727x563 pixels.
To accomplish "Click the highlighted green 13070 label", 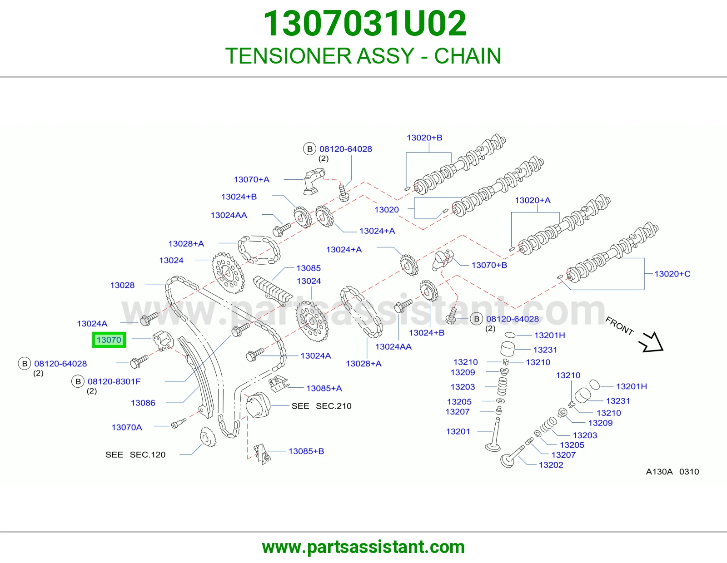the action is (109, 340).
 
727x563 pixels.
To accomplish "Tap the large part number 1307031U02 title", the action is (365, 23).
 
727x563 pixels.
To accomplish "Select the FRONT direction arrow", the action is (652, 342).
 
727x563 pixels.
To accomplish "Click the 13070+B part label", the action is (489, 265).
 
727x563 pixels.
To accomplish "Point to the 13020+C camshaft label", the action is (672, 274).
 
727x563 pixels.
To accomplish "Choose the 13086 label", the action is (143, 403).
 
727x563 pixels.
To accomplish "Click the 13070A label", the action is (127, 427).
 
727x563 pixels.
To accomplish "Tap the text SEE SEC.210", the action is (322, 406).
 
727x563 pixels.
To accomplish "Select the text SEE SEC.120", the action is (135, 454).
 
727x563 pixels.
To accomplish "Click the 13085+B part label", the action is (306, 451).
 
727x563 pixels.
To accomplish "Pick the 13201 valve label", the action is (458, 432).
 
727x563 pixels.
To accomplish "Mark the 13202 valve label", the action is (551, 465).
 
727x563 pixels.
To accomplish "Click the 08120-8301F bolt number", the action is (114, 381).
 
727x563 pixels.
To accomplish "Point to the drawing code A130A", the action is (659, 472).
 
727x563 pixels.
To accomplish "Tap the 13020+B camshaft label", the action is (424, 138).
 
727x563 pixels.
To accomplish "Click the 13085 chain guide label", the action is (309, 268).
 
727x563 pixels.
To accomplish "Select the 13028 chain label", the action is (122, 285).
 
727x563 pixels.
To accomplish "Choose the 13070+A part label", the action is (251, 179).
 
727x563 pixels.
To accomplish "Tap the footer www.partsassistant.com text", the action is (363, 547).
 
